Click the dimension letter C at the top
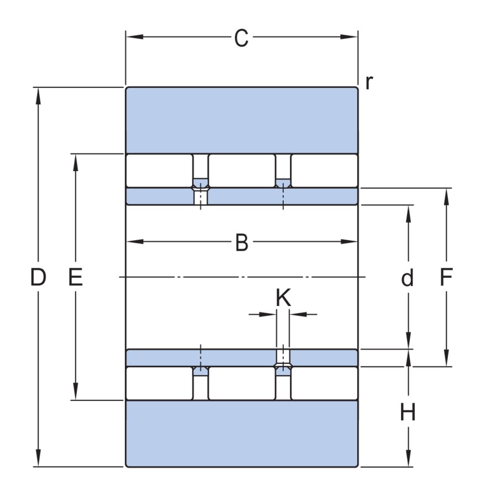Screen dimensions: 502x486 [x=241, y=38]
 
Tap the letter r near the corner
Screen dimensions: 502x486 [x=369, y=82]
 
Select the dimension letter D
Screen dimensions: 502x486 [x=38, y=278]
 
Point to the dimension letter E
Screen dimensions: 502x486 [x=75, y=278]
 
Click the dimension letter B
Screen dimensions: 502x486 [x=241, y=242]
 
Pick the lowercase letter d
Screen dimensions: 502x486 [x=408, y=278]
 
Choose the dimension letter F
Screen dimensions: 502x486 [x=446, y=278]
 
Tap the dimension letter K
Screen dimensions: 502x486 [x=283, y=299]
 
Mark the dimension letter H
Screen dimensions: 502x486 [x=408, y=412]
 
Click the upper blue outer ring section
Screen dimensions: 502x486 [x=241, y=120]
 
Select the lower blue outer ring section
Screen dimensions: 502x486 [x=241, y=434]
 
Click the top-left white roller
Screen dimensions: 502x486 [x=159, y=171]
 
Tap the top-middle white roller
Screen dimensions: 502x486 [x=241, y=171]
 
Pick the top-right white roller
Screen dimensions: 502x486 [x=324, y=171]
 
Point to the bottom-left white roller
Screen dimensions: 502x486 [x=159, y=383]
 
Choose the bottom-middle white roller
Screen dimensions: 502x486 [x=241, y=383]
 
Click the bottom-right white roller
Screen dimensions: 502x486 [x=324, y=383]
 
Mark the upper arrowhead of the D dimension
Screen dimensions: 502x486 [x=38, y=94]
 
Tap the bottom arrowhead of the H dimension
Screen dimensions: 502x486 [x=408, y=461]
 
